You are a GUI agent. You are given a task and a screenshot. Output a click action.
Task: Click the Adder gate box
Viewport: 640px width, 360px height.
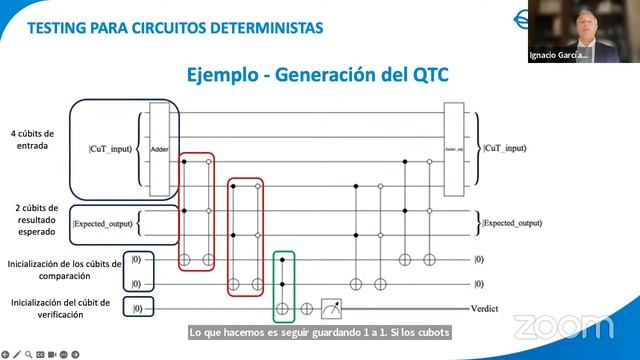(159, 146)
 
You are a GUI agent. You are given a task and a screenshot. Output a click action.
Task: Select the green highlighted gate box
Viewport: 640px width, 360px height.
(284, 285)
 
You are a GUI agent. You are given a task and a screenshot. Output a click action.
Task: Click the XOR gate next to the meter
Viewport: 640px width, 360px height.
(307, 309)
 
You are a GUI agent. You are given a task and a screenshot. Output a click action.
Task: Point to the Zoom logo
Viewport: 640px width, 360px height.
(563, 326)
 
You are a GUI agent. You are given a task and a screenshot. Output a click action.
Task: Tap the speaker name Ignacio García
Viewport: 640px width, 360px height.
(556, 56)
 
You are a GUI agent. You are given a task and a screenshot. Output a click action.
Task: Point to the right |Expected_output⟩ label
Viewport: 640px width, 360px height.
(512, 222)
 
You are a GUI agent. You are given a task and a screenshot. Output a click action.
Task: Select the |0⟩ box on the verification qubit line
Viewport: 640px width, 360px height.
(138, 309)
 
